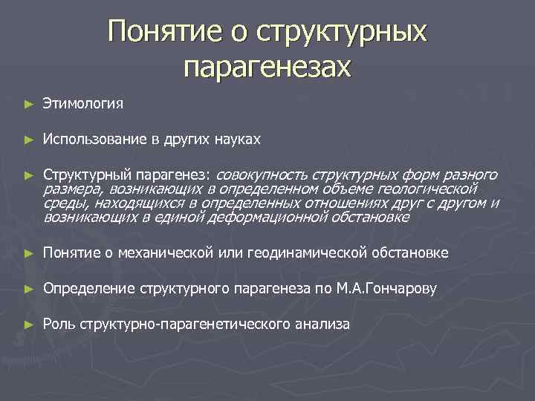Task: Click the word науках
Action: (x=237, y=139)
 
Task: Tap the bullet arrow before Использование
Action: (x=27, y=139)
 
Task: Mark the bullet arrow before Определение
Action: (x=27, y=289)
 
